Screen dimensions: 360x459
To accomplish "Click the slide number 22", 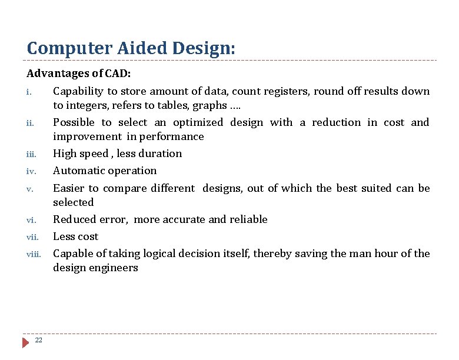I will coord(39,340).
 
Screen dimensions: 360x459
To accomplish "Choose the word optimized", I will coord(198,122).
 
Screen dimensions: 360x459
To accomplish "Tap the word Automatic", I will coord(79,171).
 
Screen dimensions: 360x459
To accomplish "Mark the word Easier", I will coord(69,188).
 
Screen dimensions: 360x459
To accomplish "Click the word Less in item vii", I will coord(64,236).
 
